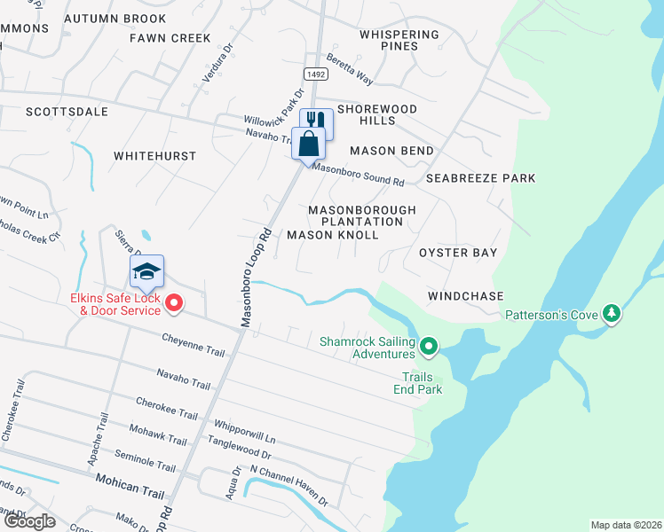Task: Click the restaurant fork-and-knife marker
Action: [316, 121]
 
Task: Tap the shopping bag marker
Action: [308, 143]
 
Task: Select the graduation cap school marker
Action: [147, 271]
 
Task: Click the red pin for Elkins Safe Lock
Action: [175, 304]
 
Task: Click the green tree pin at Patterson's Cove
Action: [611, 314]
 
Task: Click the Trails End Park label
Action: [418, 382]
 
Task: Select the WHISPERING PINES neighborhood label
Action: [399, 40]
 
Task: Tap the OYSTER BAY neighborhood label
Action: [458, 253]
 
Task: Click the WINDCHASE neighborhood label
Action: [465, 295]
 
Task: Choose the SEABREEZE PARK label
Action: [480, 178]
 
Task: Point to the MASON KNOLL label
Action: [333, 235]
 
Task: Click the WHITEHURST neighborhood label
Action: [154, 155]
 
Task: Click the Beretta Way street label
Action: [349, 73]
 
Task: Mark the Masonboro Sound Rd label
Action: [358, 175]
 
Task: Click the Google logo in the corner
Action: [28, 521]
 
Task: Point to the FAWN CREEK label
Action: [170, 38]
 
